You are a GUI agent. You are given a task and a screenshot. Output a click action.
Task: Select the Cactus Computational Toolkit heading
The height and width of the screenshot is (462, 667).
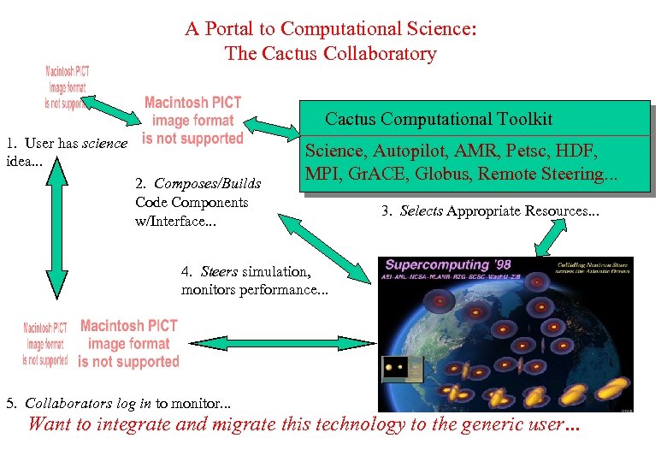439,119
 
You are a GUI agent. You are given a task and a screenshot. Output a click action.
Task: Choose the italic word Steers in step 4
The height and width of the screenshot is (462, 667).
219,272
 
